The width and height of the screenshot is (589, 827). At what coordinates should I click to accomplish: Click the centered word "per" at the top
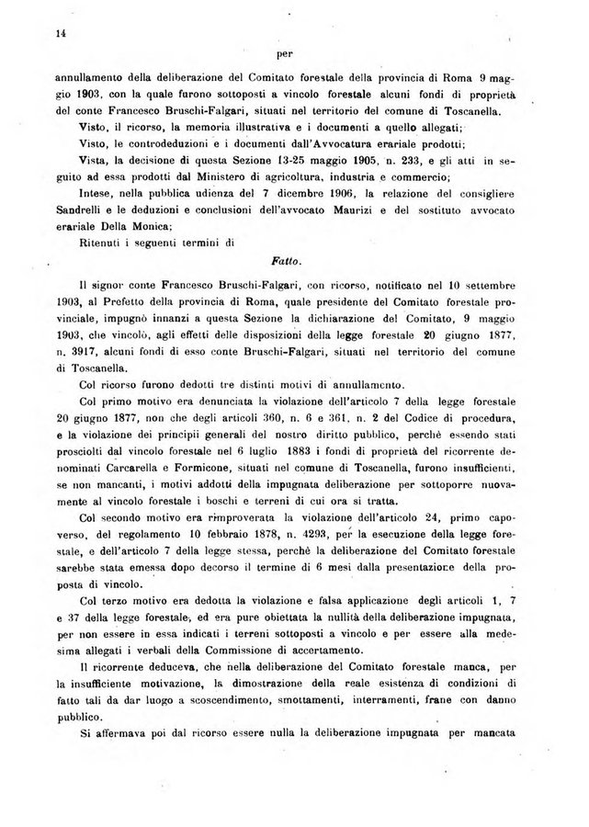[284, 53]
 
